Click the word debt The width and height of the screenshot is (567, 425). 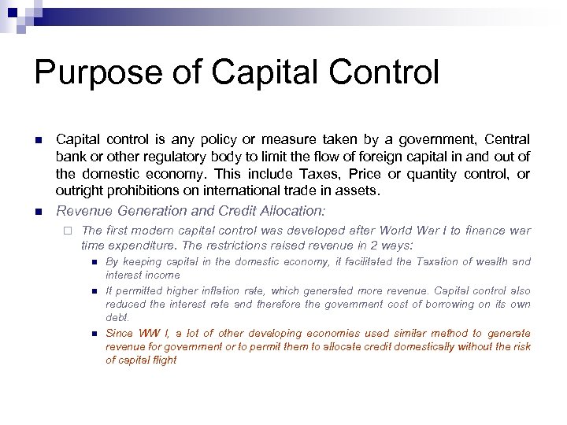[x=117, y=318]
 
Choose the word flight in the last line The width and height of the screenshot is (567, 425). [x=162, y=360]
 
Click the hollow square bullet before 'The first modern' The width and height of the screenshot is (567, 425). [x=69, y=231]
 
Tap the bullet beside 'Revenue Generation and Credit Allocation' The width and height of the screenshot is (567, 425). [x=37, y=212]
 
